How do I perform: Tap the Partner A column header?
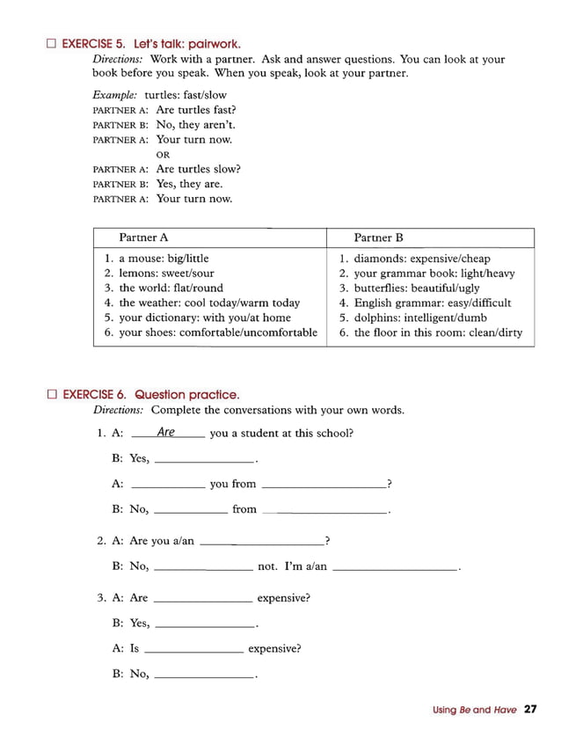coord(143,237)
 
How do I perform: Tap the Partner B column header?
coord(378,237)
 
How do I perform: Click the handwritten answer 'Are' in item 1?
coord(166,432)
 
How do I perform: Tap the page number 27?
coord(529,709)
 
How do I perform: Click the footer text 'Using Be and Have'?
coord(474,710)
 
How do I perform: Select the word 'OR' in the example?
coord(163,155)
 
